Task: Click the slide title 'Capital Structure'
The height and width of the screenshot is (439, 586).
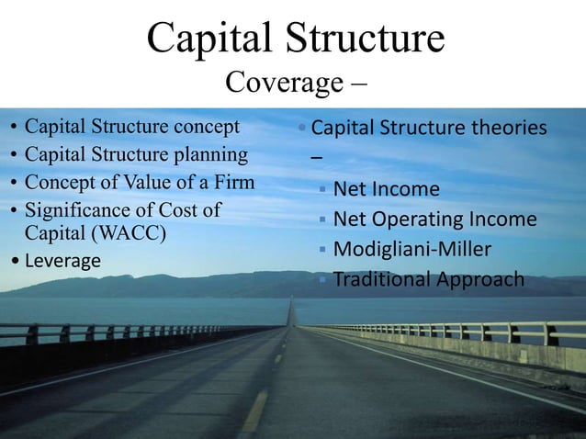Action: point(295,39)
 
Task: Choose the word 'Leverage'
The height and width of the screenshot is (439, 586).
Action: point(62,261)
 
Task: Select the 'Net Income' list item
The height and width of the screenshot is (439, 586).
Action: point(386,190)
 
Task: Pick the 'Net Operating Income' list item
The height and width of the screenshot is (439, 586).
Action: point(434,219)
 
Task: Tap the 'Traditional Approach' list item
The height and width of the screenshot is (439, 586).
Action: point(429,279)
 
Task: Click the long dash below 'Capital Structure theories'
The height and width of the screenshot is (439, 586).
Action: point(317,158)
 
